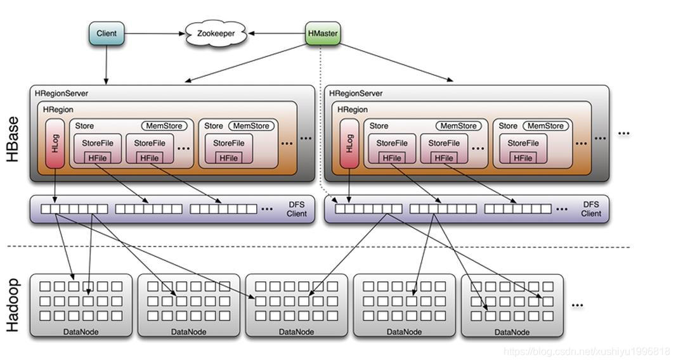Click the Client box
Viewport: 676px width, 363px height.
pos(107,34)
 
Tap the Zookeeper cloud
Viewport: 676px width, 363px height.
pos(216,34)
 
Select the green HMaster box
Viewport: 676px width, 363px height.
pos(323,33)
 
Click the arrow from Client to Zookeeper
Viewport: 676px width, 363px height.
pos(155,34)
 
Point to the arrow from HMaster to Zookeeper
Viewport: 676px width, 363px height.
pos(276,33)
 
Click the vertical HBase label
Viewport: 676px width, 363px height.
pos(13,139)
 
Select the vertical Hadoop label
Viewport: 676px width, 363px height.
pos(13,305)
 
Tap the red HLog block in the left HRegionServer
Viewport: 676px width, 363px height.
pos(55,143)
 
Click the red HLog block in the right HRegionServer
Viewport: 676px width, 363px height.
pos(349,143)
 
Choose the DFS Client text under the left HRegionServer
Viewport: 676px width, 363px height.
pos(297,209)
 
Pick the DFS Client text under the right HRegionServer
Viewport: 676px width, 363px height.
pos(591,209)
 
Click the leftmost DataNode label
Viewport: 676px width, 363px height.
pos(81,332)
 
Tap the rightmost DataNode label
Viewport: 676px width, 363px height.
pos(512,332)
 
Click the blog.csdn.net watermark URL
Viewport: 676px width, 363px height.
pos(587,352)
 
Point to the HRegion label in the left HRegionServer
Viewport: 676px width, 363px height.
pos(58,110)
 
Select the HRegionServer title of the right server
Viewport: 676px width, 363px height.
pos(356,93)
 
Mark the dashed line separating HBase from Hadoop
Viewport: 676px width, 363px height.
pos(318,246)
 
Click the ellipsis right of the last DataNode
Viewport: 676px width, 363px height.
pos(577,305)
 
